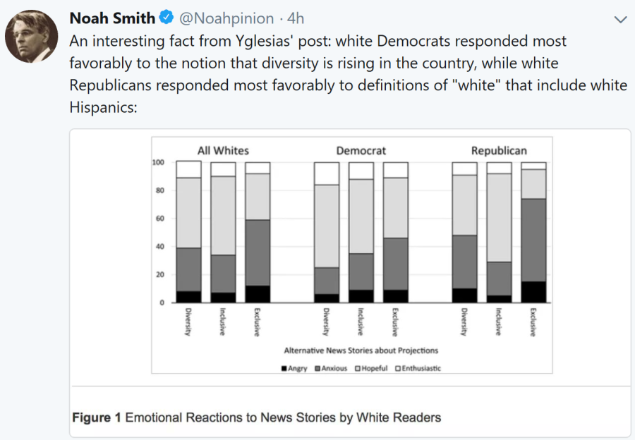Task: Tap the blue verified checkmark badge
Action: point(166,18)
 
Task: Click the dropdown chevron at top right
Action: point(621,18)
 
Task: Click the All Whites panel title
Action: point(223,151)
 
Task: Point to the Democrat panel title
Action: point(361,151)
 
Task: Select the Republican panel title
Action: point(499,151)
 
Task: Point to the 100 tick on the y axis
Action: point(159,163)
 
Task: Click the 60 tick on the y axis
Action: point(161,219)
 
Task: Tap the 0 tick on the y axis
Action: point(163,303)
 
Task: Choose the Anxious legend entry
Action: point(331,369)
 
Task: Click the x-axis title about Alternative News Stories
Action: point(361,350)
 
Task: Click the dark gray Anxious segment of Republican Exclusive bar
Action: point(533,240)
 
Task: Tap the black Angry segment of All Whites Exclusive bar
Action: point(258,294)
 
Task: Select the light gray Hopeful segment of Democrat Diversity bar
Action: point(327,226)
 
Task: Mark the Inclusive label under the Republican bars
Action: point(499,322)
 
